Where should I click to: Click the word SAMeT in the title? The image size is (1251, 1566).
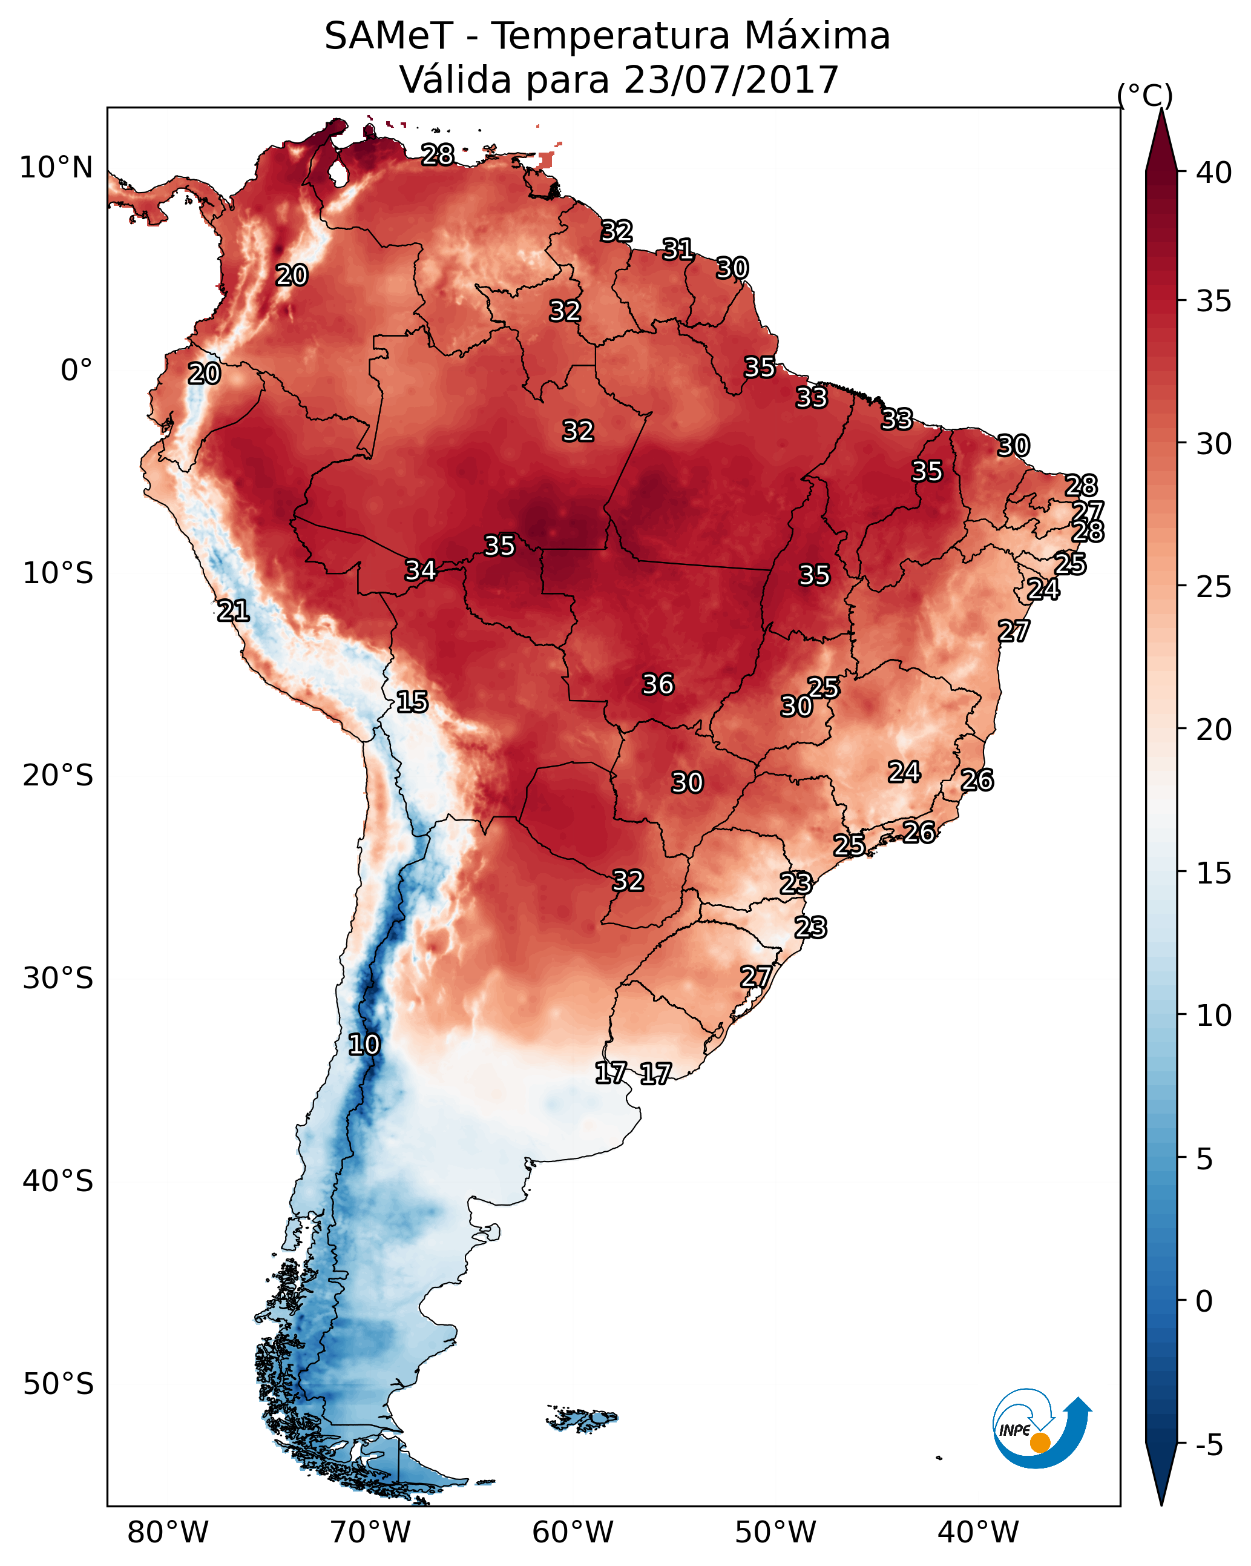(389, 36)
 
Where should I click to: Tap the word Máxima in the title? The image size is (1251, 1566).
(815, 36)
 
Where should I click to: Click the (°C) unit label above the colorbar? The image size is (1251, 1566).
(1144, 95)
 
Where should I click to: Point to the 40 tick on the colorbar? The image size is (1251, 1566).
(1214, 173)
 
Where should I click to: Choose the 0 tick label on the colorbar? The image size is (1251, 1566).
(1204, 1301)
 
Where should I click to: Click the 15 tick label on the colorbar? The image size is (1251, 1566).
(1214, 873)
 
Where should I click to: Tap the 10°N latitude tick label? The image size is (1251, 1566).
(56, 168)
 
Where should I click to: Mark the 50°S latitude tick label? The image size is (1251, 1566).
(58, 1384)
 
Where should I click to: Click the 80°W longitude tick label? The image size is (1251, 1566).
(168, 1532)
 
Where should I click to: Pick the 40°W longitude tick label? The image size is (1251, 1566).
(978, 1532)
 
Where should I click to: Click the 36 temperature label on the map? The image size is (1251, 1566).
(658, 684)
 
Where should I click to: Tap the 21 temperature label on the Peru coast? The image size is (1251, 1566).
(233, 611)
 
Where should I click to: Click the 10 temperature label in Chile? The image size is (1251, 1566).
(364, 1045)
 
